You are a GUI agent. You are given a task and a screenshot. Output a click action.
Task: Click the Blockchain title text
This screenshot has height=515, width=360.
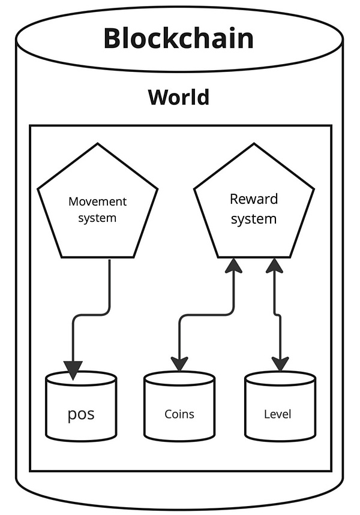click(x=178, y=38)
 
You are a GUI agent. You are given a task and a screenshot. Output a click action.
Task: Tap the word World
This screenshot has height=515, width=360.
click(x=178, y=97)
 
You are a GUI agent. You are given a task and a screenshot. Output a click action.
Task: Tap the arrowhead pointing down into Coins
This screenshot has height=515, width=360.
click(x=179, y=363)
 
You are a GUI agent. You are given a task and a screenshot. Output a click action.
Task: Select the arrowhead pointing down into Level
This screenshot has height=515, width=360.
click(x=280, y=363)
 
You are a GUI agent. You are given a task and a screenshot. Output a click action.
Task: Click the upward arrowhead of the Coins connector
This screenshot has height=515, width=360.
click(x=233, y=266)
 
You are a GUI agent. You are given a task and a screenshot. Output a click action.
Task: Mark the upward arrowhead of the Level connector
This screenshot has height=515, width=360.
click(x=274, y=266)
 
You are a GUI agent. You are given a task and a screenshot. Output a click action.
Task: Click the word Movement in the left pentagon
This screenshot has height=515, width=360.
click(x=97, y=201)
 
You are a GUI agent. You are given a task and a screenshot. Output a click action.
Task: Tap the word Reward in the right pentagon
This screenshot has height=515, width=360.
click(x=254, y=198)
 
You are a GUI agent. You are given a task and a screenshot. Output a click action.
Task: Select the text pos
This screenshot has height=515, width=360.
click(x=81, y=414)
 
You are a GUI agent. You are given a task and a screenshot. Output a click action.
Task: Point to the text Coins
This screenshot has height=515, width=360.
click(x=179, y=414)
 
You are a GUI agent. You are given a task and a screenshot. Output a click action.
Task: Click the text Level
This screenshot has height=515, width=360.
click(x=277, y=414)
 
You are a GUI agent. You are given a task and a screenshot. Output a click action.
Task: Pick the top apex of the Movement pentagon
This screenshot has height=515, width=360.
click(x=98, y=144)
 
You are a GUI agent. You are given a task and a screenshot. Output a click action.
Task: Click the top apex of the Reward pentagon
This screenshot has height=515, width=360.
click(x=253, y=144)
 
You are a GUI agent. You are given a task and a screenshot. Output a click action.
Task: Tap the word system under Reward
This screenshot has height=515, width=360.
click(x=254, y=219)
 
